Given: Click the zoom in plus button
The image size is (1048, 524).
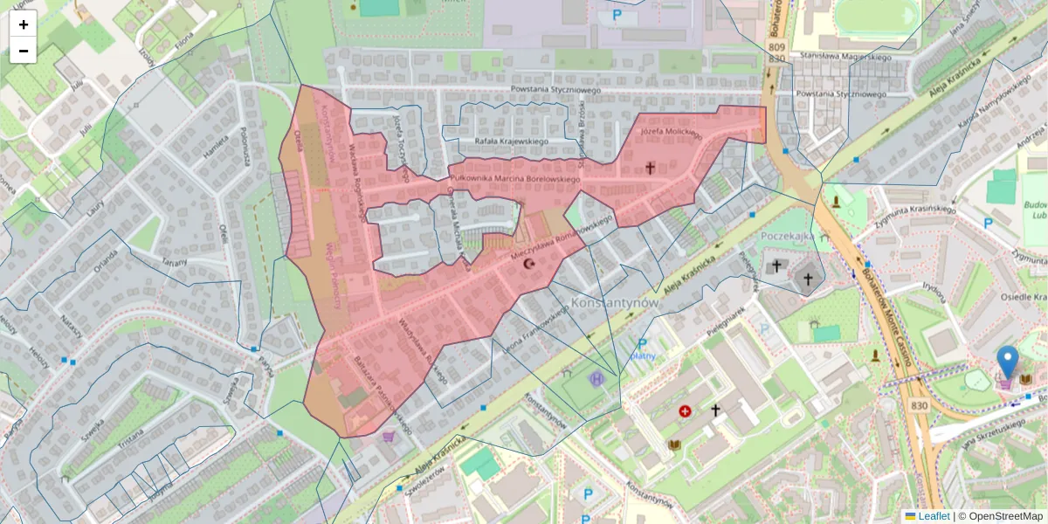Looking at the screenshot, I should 24,24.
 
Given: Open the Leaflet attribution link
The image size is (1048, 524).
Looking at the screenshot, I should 933,516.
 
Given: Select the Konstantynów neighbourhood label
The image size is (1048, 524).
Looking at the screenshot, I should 614,302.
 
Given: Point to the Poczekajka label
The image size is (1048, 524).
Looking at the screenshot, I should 788,237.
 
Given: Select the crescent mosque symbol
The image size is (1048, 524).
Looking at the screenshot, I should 527,263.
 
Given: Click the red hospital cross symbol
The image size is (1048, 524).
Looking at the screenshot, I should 685,410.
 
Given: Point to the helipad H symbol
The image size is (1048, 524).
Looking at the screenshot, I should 596,379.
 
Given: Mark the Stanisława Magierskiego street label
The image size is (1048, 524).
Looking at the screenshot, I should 843,58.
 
